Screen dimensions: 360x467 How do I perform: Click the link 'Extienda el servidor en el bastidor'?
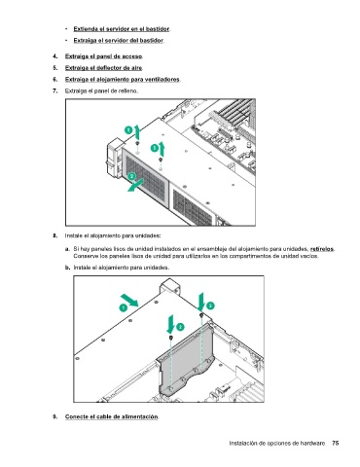[x=122, y=29]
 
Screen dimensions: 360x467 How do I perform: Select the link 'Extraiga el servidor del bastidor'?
[x=119, y=41]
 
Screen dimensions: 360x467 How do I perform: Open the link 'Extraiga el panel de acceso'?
[x=103, y=56]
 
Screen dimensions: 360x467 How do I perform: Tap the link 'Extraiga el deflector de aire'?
[x=103, y=68]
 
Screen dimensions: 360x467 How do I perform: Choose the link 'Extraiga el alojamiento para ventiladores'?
[x=123, y=80]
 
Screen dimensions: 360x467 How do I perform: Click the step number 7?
[x=55, y=90]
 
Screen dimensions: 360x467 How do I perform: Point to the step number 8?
[x=55, y=235]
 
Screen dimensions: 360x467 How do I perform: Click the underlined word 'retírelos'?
[x=322, y=249]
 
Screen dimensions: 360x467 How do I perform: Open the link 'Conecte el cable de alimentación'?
[x=112, y=416]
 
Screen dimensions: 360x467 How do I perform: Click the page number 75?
[x=336, y=443]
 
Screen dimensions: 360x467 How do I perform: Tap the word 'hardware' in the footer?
[x=312, y=443]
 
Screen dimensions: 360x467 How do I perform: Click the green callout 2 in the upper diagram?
[x=131, y=176]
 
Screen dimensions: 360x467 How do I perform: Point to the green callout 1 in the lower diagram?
[x=124, y=307]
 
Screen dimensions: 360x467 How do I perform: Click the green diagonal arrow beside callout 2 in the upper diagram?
[x=135, y=186]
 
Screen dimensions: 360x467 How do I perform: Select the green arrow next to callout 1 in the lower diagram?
[x=129, y=300]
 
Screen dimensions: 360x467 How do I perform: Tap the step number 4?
[x=55, y=56]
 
